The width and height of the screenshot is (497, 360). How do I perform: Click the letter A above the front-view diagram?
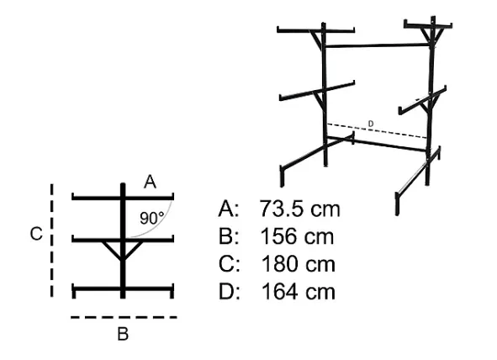click(x=150, y=183)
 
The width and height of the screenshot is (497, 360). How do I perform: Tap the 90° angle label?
click(x=152, y=218)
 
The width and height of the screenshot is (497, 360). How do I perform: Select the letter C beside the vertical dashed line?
click(x=36, y=234)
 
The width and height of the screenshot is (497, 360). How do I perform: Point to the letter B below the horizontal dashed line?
click(x=123, y=334)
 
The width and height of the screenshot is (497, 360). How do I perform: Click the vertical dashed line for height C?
click(x=51, y=241)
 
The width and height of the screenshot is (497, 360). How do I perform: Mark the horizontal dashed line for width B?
click(x=124, y=317)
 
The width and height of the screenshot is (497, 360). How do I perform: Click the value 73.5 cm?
click(x=299, y=209)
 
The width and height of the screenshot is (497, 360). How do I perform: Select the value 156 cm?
click(x=297, y=236)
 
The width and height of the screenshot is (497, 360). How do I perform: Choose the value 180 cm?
click(x=298, y=264)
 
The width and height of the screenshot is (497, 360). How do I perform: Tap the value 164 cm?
click(x=298, y=292)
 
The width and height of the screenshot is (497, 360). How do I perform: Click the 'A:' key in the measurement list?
click(x=229, y=209)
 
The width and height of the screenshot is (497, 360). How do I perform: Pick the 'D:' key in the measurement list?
click(x=230, y=292)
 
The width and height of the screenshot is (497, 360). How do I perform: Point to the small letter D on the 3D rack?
click(x=371, y=124)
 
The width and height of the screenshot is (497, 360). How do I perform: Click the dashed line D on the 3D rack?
click(x=378, y=131)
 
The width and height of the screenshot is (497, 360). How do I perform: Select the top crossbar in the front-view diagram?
click(x=123, y=198)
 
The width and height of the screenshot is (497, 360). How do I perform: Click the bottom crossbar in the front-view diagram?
click(x=123, y=289)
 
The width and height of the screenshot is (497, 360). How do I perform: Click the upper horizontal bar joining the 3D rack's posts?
click(x=378, y=45)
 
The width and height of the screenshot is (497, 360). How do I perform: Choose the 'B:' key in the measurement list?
click(x=229, y=236)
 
